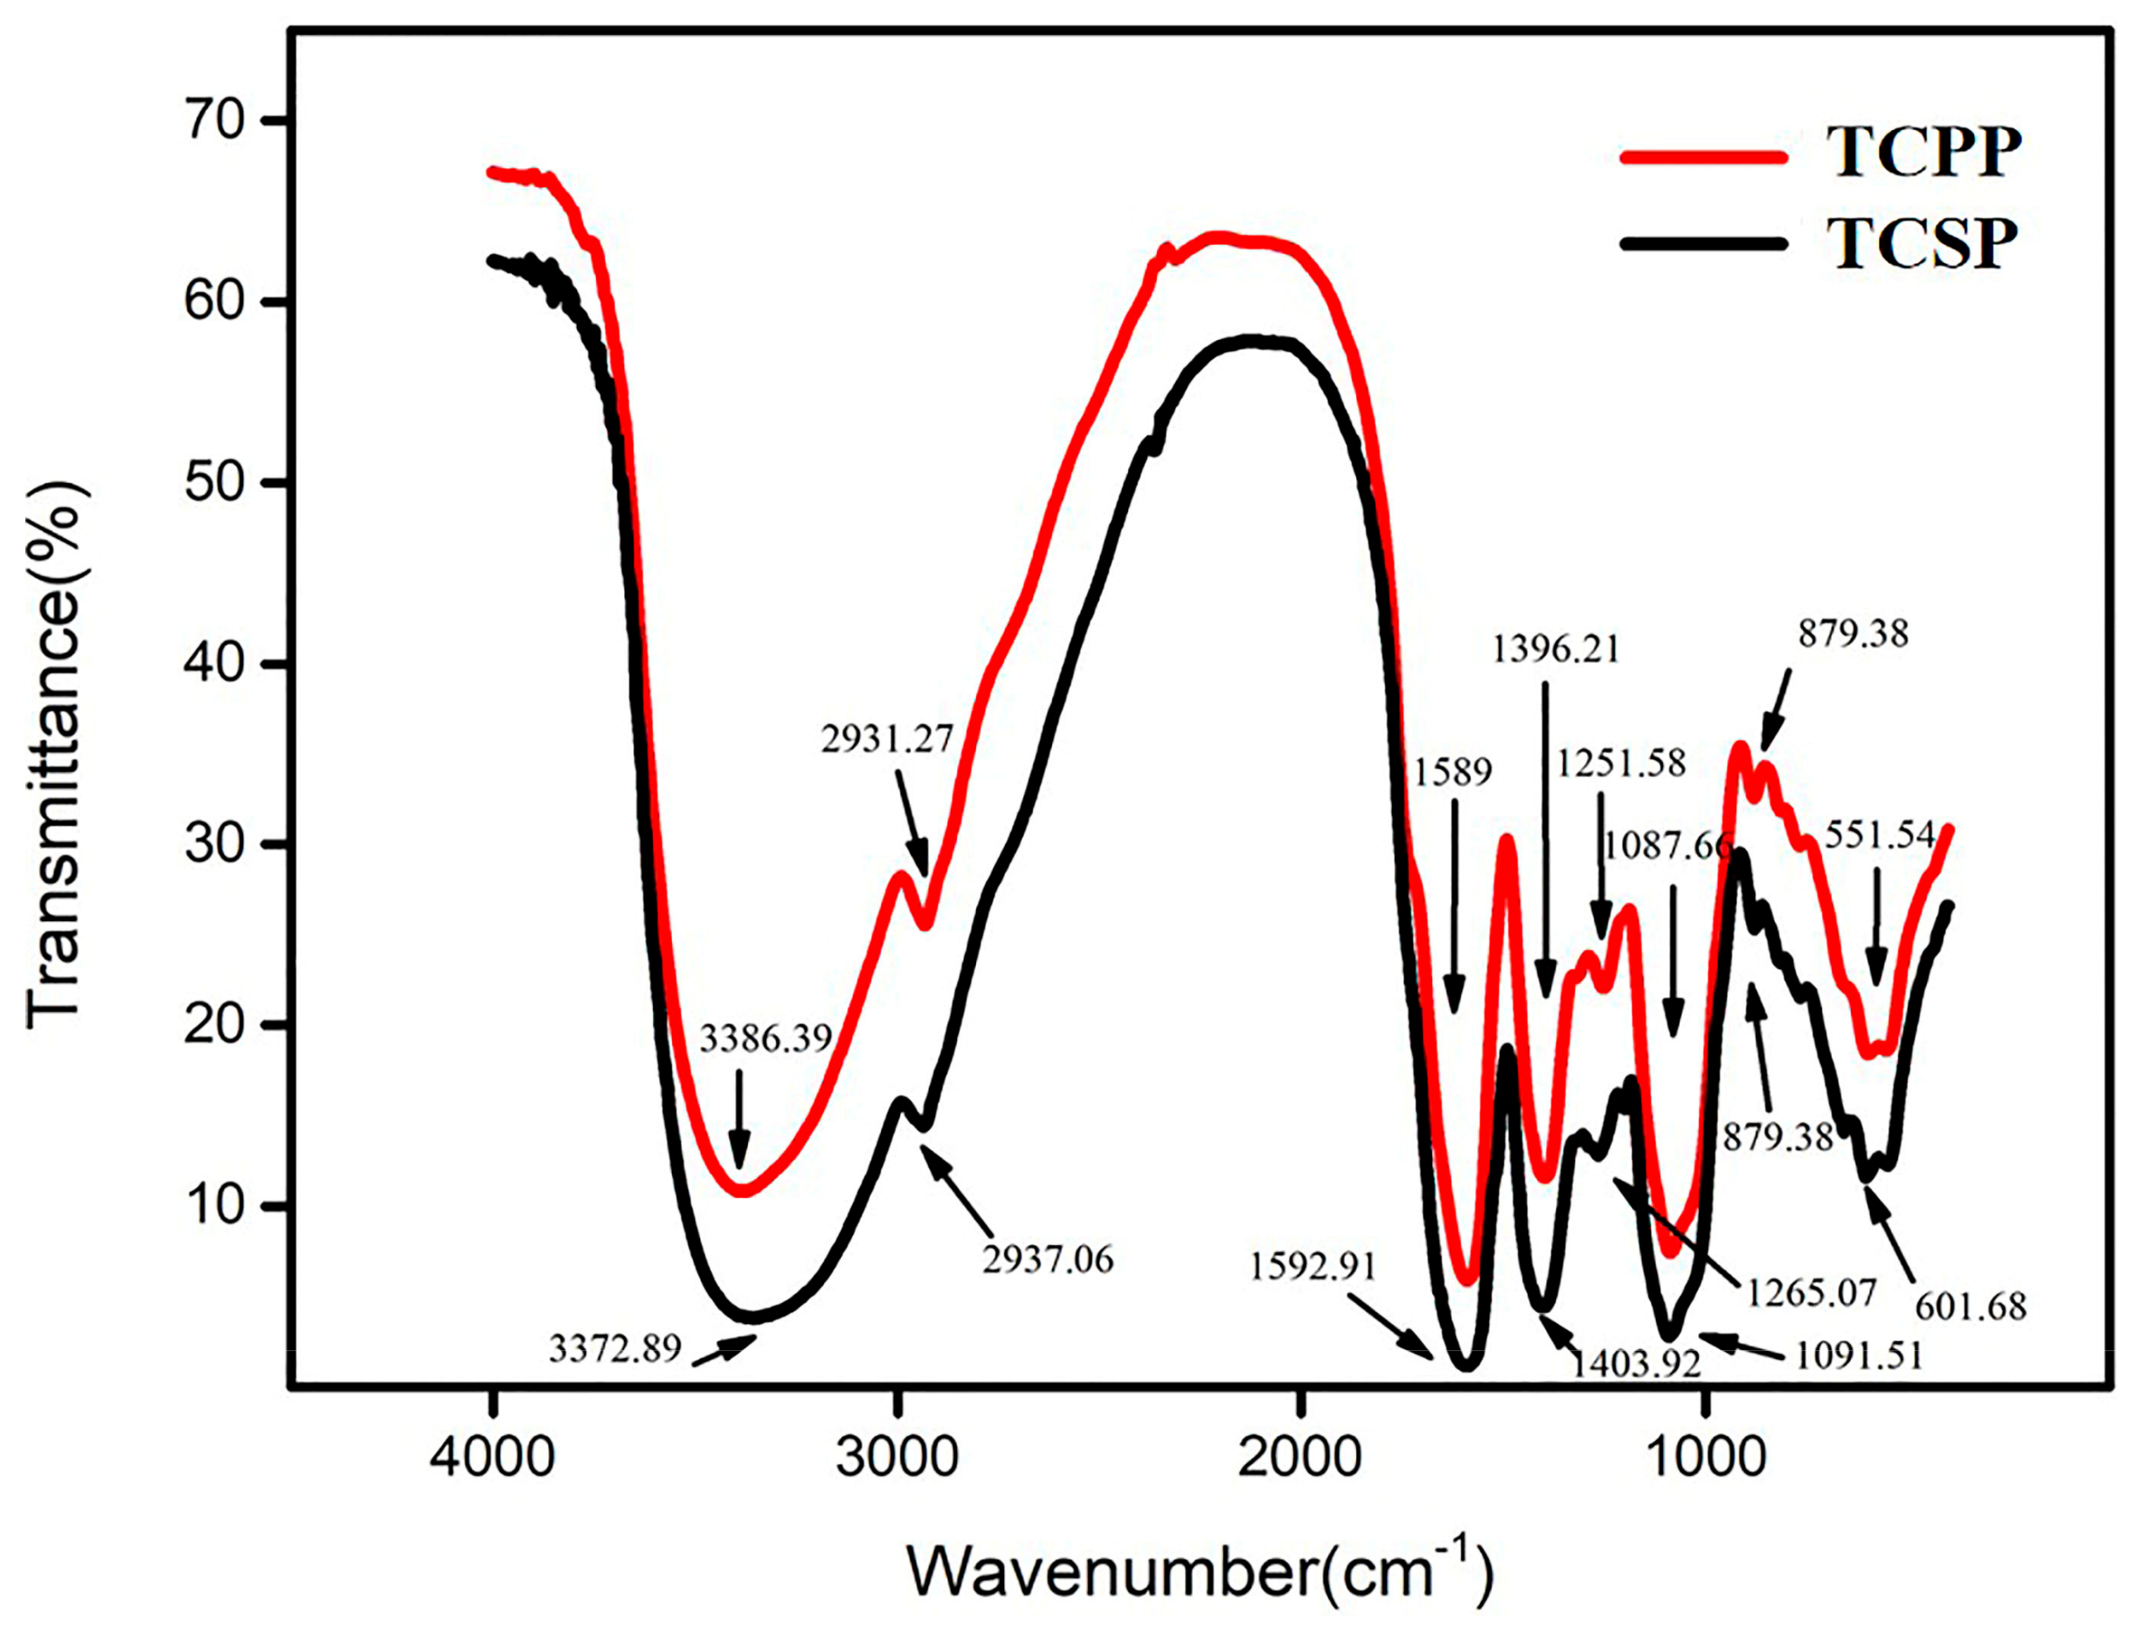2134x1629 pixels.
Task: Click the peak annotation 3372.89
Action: coord(614,1348)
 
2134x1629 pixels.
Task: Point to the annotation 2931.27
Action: coord(887,738)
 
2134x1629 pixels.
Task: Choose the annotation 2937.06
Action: coord(1047,1259)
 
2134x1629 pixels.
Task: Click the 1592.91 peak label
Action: coord(1313,1266)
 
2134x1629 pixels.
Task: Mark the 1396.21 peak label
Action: coord(1555,648)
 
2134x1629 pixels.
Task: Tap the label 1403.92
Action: coord(1636,1364)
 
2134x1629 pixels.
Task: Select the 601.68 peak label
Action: coord(1970,1307)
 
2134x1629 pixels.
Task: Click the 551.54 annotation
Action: coord(1879,835)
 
